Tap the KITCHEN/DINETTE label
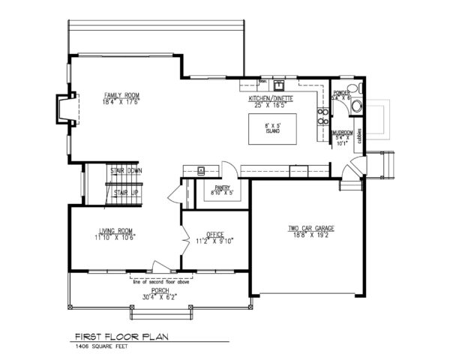coord(271,98)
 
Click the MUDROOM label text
coord(342,132)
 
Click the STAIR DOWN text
coord(126,171)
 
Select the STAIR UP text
coord(125,193)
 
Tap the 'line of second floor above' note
coord(159,281)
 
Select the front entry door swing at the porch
coord(157,265)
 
